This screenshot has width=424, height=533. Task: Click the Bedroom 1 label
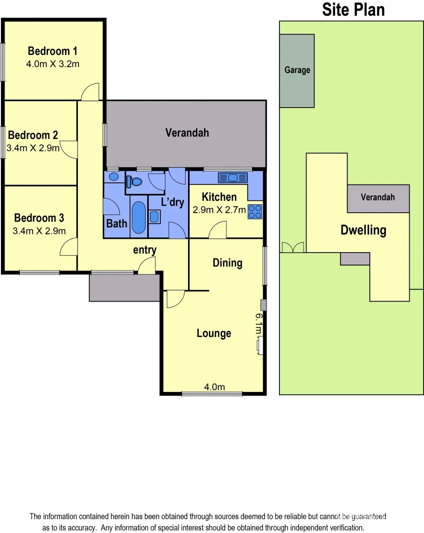pos(52,51)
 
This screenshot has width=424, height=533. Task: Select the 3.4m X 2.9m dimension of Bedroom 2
pos(33,148)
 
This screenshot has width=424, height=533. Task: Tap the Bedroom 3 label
pos(39,218)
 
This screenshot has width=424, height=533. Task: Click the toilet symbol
pos(134,182)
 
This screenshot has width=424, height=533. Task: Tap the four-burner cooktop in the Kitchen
pos(255,212)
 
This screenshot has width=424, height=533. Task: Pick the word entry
pos(145,250)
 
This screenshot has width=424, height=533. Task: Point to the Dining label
pos(227,263)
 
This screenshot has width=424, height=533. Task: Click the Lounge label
pos(214,333)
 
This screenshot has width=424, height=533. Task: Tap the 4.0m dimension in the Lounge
pos(214,387)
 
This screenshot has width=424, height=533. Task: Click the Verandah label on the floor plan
pos(187,132)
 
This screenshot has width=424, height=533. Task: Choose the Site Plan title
pos(353,9)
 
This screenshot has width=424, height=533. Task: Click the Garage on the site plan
pos(297,70)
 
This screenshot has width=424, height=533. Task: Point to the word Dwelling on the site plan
pos(363,230)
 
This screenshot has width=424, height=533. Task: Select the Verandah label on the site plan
pos(378,197)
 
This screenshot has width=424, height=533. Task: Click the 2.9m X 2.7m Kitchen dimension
pos(219,210)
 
